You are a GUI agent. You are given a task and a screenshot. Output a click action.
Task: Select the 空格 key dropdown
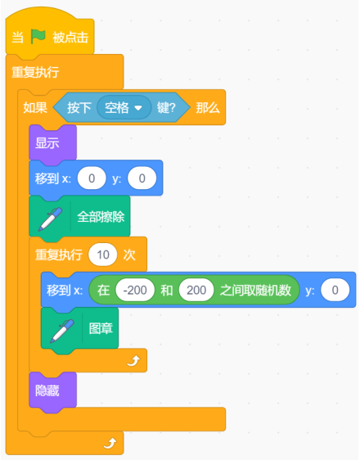124,108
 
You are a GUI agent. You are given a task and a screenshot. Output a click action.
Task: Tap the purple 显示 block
52,143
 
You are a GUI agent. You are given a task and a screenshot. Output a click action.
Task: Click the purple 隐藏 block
52,390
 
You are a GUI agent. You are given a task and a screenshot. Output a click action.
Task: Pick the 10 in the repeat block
103,255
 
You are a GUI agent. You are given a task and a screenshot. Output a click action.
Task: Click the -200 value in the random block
135,290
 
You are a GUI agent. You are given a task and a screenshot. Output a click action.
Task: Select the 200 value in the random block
196,290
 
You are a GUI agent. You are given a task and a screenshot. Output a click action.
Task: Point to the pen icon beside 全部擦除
50,219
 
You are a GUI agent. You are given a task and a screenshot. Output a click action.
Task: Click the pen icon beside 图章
62,331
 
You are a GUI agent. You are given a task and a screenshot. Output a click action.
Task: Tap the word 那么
208,108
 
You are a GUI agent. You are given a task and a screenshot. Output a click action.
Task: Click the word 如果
35,108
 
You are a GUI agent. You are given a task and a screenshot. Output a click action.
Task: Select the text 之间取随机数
255,290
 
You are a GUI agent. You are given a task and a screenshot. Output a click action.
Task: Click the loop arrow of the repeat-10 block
133,360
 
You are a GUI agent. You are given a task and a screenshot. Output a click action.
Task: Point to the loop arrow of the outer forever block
110,443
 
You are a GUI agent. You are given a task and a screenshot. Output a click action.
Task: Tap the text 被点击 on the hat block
70,38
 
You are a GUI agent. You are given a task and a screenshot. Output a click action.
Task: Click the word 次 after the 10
129,255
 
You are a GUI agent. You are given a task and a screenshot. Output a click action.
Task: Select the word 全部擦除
101,217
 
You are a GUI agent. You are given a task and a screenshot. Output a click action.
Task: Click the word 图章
101,328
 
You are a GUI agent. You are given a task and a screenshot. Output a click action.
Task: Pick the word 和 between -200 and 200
167,290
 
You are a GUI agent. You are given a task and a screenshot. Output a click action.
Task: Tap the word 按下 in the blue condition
79,108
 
